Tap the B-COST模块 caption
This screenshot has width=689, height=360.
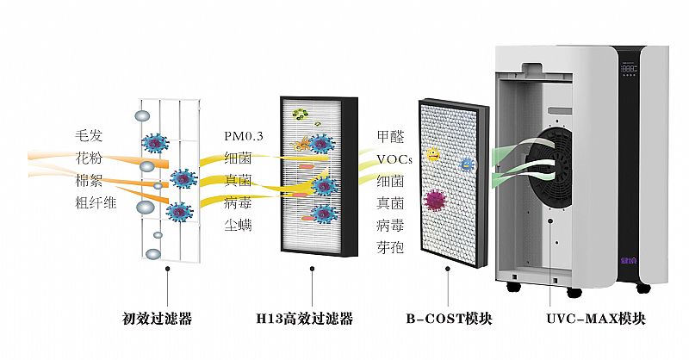click(x=449, y=319)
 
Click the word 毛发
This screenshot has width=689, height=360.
click(x=89, y=136)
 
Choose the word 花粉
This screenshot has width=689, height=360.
click(x=89, y=158)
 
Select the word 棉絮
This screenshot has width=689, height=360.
click(x=89, y=181)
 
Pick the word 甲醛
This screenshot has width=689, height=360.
click(x=389, y=136)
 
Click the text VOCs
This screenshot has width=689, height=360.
click(x=394, y=158)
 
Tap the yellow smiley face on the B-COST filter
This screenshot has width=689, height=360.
click(x=433, y=155)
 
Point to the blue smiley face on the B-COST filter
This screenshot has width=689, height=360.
click(x=466, y=163)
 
